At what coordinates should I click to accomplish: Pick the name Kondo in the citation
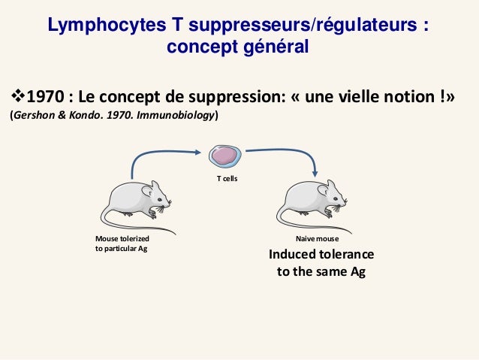[89, 116]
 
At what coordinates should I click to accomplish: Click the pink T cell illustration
[224, 156]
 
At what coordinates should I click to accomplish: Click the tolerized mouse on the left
[136, 204]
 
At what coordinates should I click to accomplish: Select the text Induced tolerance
[321, 255]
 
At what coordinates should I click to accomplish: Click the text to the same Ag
[321, 272]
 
